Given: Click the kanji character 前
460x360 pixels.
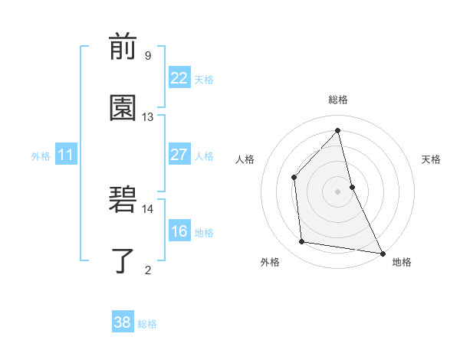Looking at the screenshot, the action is [x=123, y=47].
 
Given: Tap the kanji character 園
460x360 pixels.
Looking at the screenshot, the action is [x=123, y=108].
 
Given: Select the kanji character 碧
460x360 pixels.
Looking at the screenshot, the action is [x=123, y=200].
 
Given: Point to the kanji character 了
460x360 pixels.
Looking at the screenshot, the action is [x=123, y=260].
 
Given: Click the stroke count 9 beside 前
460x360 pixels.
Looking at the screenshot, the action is [x=147, y=55].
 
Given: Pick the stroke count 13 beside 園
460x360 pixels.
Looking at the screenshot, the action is [x=147, y=116].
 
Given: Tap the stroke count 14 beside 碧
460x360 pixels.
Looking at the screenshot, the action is [x=147, y=208].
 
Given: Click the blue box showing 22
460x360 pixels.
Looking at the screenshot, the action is [x=179, y=78].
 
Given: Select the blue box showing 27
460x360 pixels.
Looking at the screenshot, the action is [x=179, y=155].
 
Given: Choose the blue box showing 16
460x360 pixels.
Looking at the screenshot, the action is [x=179, y=231].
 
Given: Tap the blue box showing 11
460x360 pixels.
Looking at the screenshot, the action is [x=66, y=155].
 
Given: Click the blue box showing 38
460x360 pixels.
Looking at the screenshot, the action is [x=123, y=322].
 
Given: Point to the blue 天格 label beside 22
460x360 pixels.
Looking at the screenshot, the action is [x=204, y=80].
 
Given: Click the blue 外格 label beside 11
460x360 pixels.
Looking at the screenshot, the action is [x=41, y=156].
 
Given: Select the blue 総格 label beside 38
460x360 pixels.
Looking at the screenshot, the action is [x=147, y=324].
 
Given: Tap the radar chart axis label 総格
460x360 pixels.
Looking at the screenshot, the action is [x=338, y=100].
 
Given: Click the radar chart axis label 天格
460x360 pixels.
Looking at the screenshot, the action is [x=431, y=159].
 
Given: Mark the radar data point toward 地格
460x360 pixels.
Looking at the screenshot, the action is [x=382, y=253].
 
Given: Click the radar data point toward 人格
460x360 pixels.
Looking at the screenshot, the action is [x=294, y=178].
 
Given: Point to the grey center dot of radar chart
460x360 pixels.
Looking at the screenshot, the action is [x=338, y=191].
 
